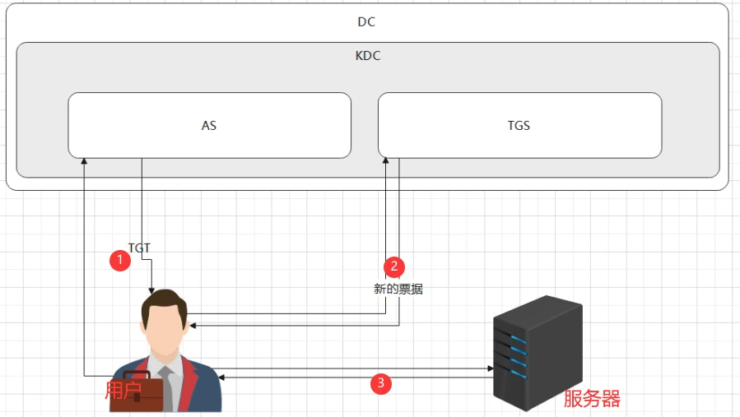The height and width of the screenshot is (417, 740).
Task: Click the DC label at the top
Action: [x=366, y=21]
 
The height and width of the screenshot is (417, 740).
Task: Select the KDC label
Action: [x=368, y=56]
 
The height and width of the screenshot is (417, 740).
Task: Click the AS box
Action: [x=210, y=126]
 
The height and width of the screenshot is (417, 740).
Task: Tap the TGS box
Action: [x=519, y=126]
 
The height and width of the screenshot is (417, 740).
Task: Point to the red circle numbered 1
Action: [x=120, y=261]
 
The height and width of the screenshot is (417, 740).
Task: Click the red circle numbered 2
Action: [x=394, y=267]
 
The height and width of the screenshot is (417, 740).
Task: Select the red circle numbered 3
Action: [x=381, y=383]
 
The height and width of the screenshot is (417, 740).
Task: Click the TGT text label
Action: [x=139, y=248]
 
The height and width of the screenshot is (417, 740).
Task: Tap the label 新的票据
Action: [x=398, y=289]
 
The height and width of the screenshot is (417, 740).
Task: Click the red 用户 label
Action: [x=123, y=390]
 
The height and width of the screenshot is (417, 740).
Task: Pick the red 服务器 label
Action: [x=592, y=399]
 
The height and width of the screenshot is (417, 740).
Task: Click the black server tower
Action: [x=538, y=353]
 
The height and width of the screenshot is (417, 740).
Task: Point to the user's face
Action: [x=165, y=329]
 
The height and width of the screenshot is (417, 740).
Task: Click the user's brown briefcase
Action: [x=137, y=392]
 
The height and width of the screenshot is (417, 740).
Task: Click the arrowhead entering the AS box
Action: [x=84, y=161]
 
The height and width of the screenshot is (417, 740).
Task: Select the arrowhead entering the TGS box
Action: [x=385, y=161]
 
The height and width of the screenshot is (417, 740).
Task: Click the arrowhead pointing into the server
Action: [x=491, y=368]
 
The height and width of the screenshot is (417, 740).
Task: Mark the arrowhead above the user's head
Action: [x=151, y=290]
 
